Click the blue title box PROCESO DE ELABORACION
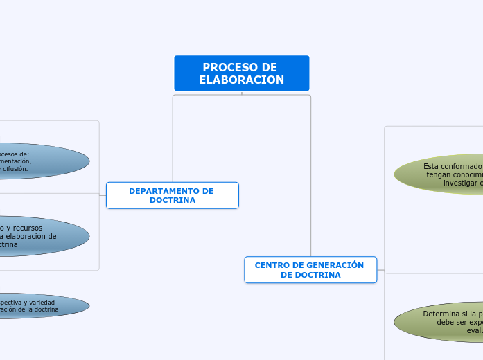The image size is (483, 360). [241, 73]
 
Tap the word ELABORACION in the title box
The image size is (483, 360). [241, 80]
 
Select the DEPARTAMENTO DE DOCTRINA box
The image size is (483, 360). [172, 195]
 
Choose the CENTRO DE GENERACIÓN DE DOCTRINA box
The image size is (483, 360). [310, 270]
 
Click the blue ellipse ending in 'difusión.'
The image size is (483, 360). [42, 161]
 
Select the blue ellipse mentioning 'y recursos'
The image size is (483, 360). [42, 236]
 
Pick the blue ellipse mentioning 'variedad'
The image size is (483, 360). [42, 305]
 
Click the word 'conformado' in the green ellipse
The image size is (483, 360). [462, 166]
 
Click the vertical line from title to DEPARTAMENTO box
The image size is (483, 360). [173, 138]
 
